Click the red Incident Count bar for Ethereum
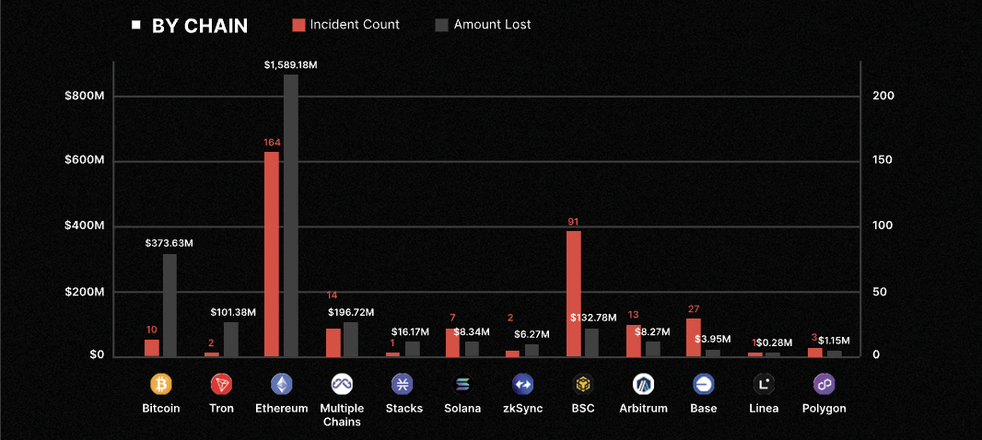click(272, 254)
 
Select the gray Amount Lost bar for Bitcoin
click(170, 305)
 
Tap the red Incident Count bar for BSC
click(574, 294)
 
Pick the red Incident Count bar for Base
click(694, 337)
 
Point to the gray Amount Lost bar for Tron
click(230, 339)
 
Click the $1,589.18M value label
click(290, 64)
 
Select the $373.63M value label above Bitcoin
click(170, 243)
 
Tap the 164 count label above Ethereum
click(272, 143)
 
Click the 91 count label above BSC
click(574, 222)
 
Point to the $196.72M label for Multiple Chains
click(350, 313)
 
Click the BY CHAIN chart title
click(199, 26)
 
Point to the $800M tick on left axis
click(84, 97)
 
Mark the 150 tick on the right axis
click(883, 161)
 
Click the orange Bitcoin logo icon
click(161, 384)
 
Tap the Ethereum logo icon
click(281, 384)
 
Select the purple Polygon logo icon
click(824, 384)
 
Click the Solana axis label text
click(462, 408)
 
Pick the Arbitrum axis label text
click(643, 408)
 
